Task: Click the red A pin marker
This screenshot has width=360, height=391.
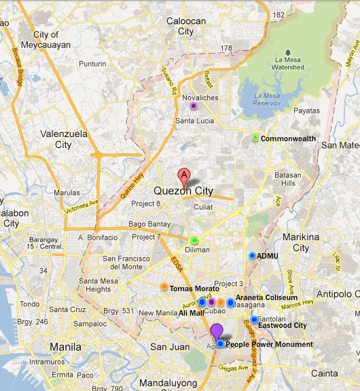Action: [183, 175]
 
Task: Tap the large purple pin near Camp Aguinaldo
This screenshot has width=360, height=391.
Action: [217, 332]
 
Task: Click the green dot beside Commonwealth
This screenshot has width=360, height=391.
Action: [255, 138]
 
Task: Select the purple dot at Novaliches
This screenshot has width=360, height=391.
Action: [194, 106]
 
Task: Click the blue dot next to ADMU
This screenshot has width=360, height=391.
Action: [252, 256]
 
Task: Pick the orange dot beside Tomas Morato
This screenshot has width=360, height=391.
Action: [164, 287]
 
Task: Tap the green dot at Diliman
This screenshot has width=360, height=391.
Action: [194, 240]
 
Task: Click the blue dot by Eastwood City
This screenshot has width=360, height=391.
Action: [254, 320]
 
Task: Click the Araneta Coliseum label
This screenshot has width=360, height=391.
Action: [266, 298]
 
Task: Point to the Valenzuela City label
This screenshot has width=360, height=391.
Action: [63, 139]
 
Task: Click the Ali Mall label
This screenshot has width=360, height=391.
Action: [191, 313]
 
